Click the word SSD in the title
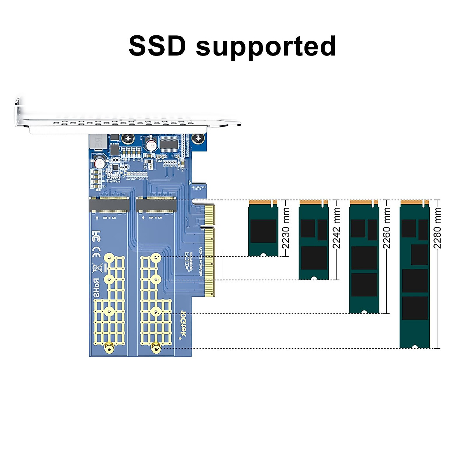pyautogui.click(x=157, y=46)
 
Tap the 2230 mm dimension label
pyautogui.click(x=285, y=228)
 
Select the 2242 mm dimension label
pyautogui.click(x=336, y=228)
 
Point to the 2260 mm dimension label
pyautogui.click(x=387, y=228)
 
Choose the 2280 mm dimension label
pyautogui.click(x=438, y=228)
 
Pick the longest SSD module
pyautogui.click(x=414, y=274)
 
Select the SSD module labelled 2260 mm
pyautogui.click(x=364, y=256)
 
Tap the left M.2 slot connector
pyautogui.click(x=109, y=205)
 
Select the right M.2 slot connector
pyautogui.click(x=156, y=205)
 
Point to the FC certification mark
pyautogui.click(x=96, y=236)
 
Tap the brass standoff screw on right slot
pyautogui.click(x=156, y=348)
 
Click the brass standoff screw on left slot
pyautogui.click(x=109, y=348)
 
